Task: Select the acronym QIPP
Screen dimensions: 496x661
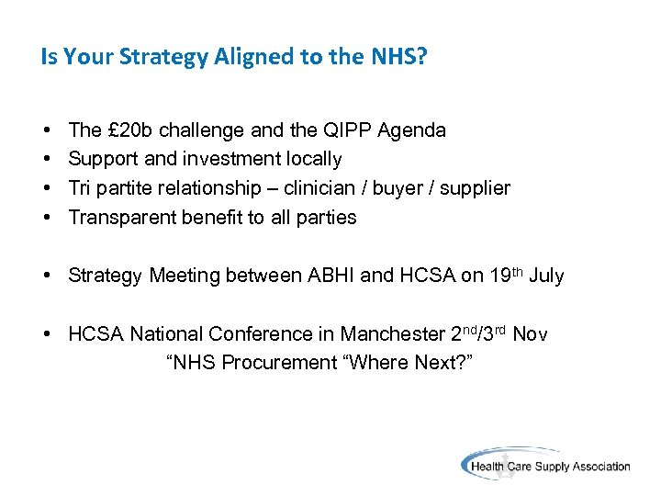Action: coord(364,130)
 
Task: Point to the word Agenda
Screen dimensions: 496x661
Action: coord(416,130)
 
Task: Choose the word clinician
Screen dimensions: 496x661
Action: coord(320,188)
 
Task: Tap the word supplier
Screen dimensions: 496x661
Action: coord(475,188)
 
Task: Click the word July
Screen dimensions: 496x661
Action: coord(546,276)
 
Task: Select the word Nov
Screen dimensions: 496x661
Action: coord(530,334)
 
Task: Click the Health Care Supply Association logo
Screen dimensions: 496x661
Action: coord(545,465)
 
